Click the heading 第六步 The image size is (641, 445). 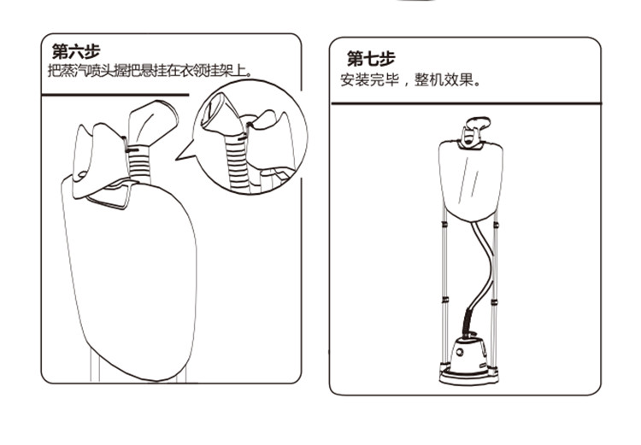pos(76,51)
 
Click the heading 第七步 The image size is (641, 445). pos(371,58)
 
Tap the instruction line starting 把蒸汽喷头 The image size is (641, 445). pos(150,70)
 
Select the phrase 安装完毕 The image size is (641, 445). pos(369,79)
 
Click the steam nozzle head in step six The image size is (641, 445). pos(152,120)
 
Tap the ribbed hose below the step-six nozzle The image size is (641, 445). pos(140,163)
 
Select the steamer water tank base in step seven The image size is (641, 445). pos(468,360)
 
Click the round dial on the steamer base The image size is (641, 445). pos(461,352)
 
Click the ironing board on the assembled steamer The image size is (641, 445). pos(471,180)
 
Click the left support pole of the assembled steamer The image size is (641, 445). pos(444,286)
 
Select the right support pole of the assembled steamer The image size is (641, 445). pos(495,286)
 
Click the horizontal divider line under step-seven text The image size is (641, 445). pos(466,103)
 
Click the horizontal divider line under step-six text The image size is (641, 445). pos(115,95)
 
